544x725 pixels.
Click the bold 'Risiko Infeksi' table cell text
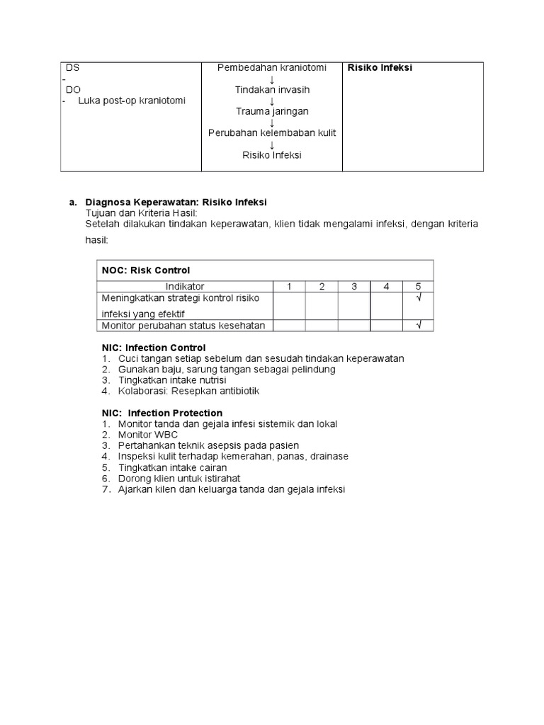[x=380, y=68]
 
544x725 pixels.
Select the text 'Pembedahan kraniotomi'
[x=272, y=68]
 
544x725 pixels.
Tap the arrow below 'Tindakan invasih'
[x=272, y=101]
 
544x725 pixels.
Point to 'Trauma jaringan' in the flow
[x=272, y=111]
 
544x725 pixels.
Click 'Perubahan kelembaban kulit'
[x=272, y=133]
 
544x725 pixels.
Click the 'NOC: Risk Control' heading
[x=146, y=270]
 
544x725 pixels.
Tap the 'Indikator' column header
[x=185, y=287]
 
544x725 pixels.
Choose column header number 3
[x=354, y=287]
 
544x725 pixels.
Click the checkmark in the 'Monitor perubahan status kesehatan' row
[x=419, y=325]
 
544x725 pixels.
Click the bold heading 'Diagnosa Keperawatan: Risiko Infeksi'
[x=176, y=202]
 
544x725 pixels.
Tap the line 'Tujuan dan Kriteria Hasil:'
[x=142, y=212]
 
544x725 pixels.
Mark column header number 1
[x=289, y=287]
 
